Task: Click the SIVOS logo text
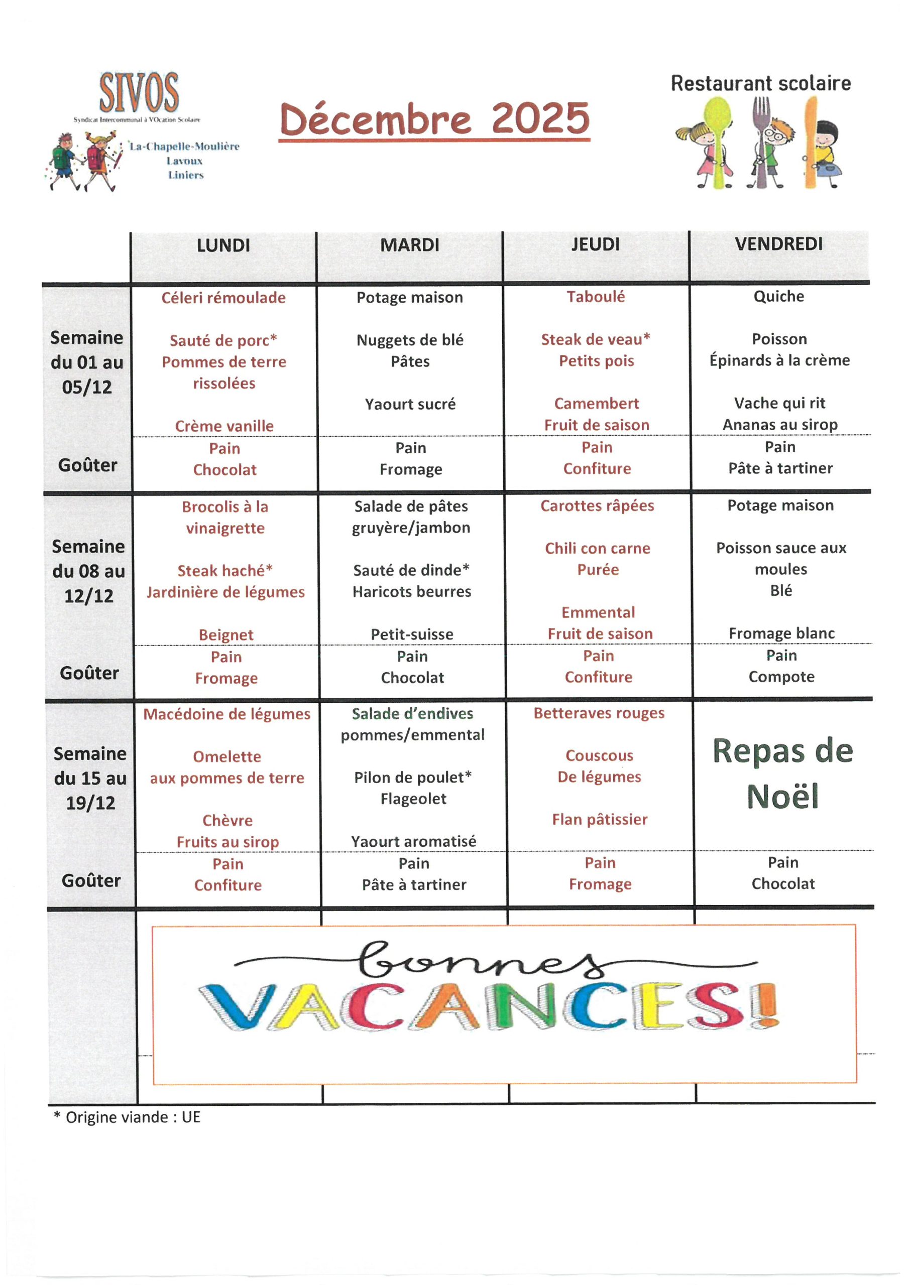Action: pos(139,93)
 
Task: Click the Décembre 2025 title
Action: pos(434,118)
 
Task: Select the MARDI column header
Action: pos(409,245)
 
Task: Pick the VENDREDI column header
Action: pos(778,244)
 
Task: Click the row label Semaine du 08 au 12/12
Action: pos(88,571)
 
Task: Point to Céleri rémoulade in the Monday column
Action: pos(223,298)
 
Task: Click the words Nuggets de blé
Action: pos(410,340)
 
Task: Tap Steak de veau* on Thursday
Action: pos(595,340)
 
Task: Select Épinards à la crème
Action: pos(779,360)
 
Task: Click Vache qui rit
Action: pos(779,403)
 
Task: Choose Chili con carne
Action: pos(598,549)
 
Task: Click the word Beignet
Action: pos(225,634)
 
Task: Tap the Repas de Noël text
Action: pos(782,774)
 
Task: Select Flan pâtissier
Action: pos(599,819)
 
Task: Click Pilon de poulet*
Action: pos(413,778)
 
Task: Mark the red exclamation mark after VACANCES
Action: pos(765,1006)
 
